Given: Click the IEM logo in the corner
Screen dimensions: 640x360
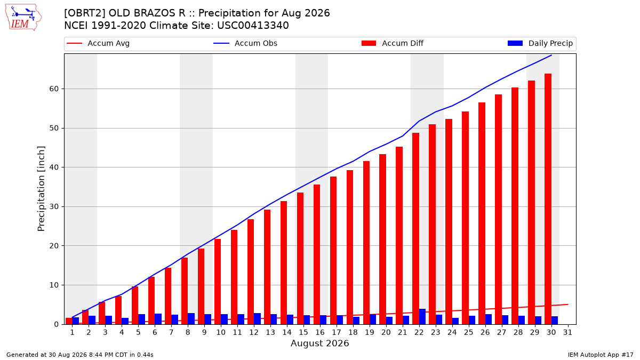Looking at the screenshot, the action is pyautogui.click(x=23, y=18).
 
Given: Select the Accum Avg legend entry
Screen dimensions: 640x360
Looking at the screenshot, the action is pyautogui.click(x=98, y=43).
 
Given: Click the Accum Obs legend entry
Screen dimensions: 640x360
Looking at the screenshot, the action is pyautogui.click(x=245, y=43).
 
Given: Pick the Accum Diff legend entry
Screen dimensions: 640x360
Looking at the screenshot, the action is pyautogui.click(x=393, y=43).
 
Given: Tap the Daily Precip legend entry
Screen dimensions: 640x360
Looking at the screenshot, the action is pyautogui.click(x=540, y=43).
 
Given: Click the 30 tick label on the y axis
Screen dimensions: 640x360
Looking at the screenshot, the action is pyautogui.click(x=54, y=206).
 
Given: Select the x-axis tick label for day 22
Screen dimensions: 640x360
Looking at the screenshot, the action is pyautogui.click(x=419, y=333).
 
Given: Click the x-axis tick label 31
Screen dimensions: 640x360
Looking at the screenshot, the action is pyautogui.click(x=567, y=333).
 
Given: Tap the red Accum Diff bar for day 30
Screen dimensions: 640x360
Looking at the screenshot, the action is pyautogui.click(x=548, y=199).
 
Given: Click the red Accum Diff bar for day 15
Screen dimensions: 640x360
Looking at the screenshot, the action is pyautogui.click(x=300, y=258).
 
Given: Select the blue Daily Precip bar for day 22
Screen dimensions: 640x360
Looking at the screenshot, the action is pyautogui.click(x=422, y=317).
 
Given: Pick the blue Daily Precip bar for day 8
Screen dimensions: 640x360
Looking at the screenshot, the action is pyautogui.click(x=191, y=318).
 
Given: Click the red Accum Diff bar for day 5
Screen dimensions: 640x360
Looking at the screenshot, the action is pyautogui.click(x=135, y=305).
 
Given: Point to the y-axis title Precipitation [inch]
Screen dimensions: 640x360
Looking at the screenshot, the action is pyautogui.click(x=41, y=189).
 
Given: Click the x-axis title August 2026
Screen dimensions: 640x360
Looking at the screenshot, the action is pyautogui.click(x=319, y=343).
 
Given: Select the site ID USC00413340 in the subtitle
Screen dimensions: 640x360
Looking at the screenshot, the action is pyautogui.click(x=253, y=26).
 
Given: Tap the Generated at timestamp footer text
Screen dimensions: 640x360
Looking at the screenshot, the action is pyautogui.click(x=79, y=355).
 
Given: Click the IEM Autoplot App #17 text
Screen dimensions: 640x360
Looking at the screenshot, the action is pyautogui.click(x=601, y=355).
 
